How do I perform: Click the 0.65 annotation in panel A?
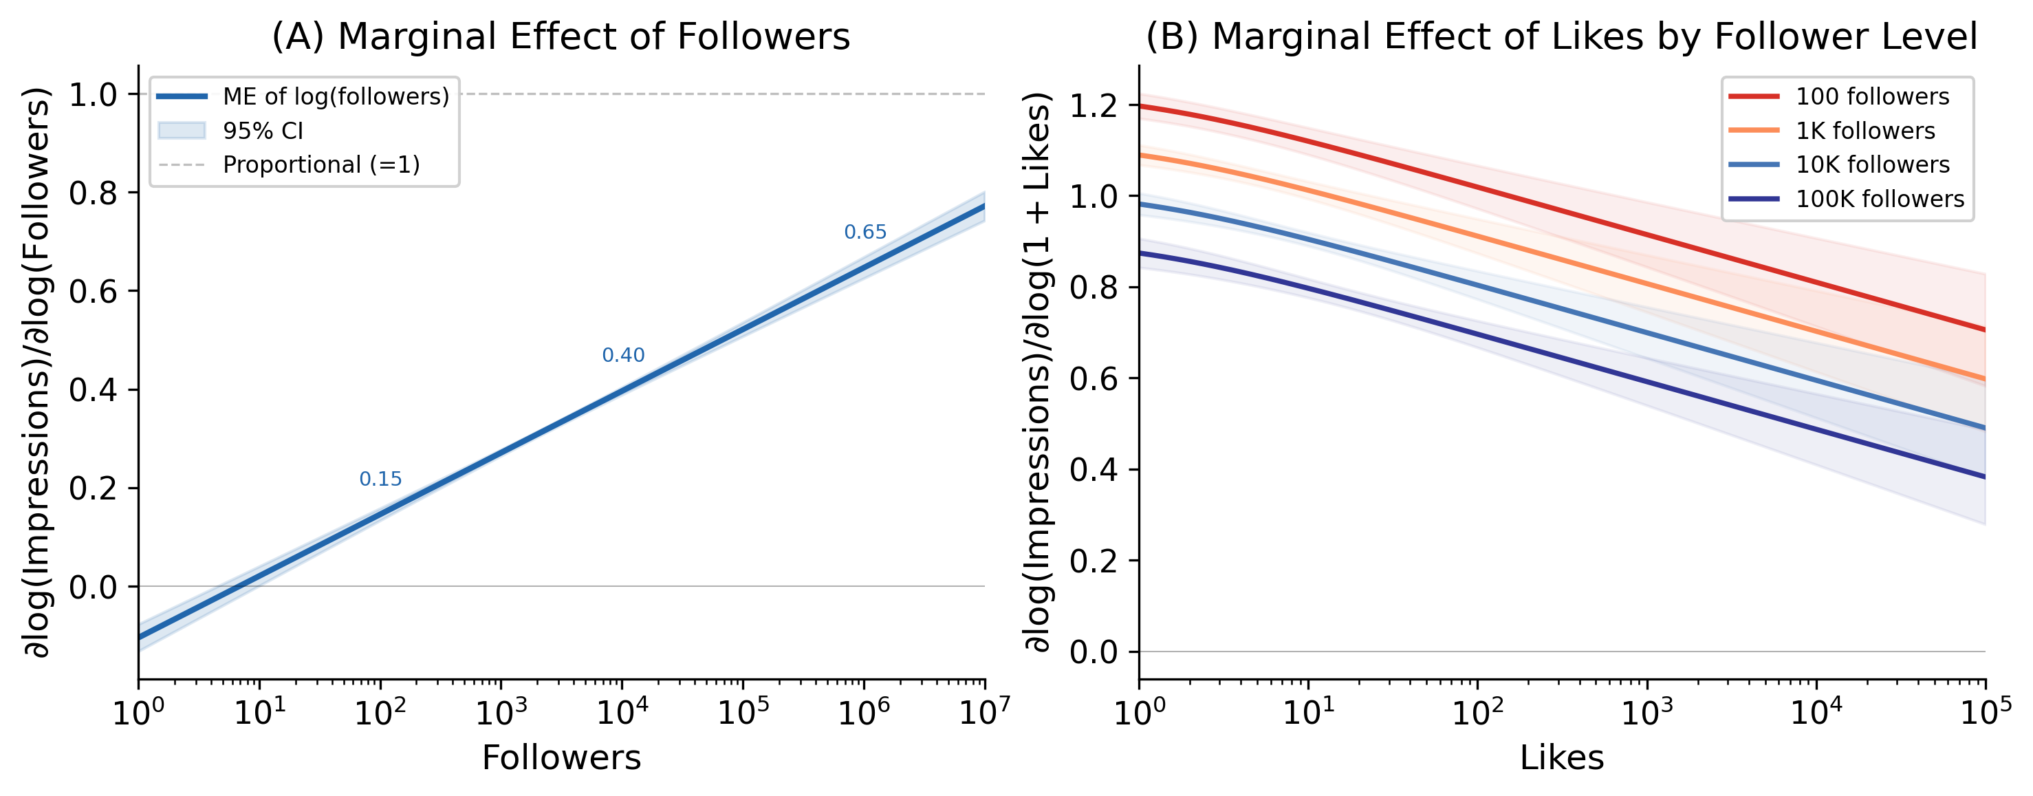(x=865, y=232)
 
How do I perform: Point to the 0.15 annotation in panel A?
(x=380, y=480)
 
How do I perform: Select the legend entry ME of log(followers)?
(x=336, y=96)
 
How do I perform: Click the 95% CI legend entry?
(x=263, y=131)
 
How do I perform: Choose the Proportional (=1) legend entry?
(x=320, y=165)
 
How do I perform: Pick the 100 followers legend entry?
(x=1872, y=96)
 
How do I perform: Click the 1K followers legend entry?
(x=1865, y=131)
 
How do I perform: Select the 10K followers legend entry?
(x=1872, y=165)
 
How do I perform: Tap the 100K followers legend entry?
(x=1880, y=199)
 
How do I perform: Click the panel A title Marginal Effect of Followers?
(x=561, y=36)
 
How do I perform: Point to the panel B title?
(x=1561, y=36)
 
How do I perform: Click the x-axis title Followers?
(x=561, y=758)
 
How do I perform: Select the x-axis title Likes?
(x=1561, y=758)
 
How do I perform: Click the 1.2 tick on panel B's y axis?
(x=1093, y=106)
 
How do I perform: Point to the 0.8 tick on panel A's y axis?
(x=92, y=193)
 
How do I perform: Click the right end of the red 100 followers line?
(x=1983, y=330)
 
